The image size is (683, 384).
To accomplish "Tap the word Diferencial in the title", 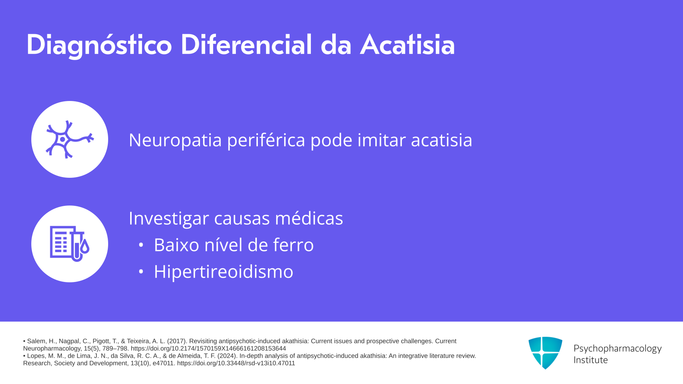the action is tap(246, 44).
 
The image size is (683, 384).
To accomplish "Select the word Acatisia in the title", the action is tap(408, 44).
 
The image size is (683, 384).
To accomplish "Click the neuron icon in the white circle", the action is tap(70, 139).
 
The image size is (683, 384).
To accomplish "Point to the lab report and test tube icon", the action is tap(70, 244).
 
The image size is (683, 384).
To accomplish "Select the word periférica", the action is tap(266, 140).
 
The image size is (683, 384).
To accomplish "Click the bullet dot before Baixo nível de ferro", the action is tap(141, 245).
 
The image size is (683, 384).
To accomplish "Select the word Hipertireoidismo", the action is tap(223, 272).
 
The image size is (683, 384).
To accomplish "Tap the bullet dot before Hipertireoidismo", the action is tap(141, 272).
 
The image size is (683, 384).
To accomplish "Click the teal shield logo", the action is tap(545, 353).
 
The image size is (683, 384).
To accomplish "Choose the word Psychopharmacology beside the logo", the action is tap(618, 349).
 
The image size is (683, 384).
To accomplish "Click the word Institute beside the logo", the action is tap(591, 360).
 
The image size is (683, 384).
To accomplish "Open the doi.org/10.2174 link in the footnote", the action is tap(208, 348).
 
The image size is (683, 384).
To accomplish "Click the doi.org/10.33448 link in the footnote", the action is tap(236, 363).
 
